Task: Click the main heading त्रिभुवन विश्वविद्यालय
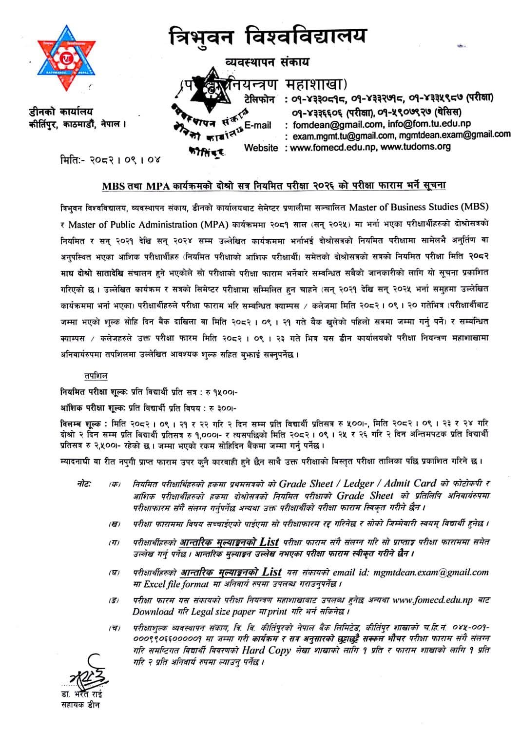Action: point(267,37)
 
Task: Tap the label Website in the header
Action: point(261,147)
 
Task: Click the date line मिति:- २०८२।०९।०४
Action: point(107,159)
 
